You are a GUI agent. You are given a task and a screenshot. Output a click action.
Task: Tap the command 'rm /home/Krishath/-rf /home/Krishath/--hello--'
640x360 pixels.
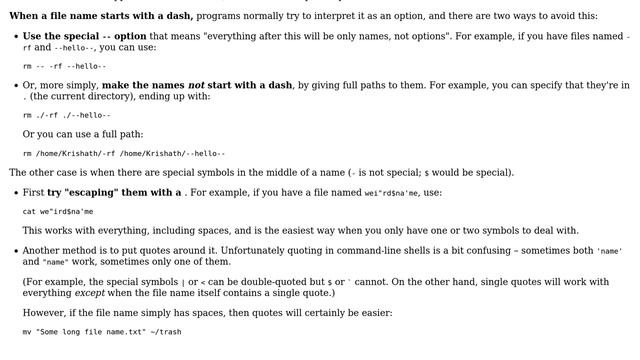click(124, 153)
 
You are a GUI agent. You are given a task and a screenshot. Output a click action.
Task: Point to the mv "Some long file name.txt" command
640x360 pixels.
click(102, 331)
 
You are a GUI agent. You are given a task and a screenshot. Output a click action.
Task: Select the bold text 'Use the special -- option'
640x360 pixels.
click(84, 35)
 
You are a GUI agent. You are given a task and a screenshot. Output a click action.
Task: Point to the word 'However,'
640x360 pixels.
click(44, 312)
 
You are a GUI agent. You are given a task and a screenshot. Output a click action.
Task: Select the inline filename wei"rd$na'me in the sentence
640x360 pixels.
click(386, 193)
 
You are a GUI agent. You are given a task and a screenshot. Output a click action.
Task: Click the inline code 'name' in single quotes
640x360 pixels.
click(610, 251)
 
